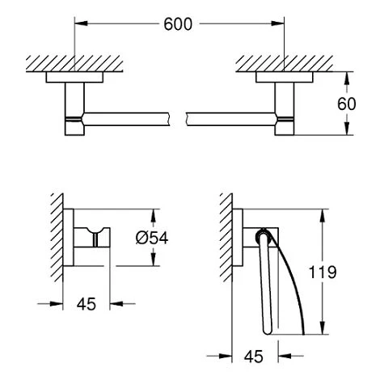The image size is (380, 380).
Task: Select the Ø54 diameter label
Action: pos(173,239)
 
